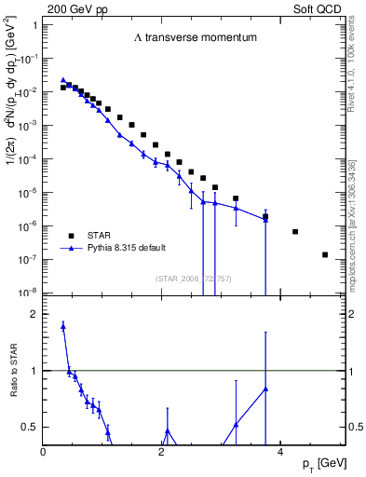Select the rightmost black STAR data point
[x=325, y=254]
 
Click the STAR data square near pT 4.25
[x=295, y=231]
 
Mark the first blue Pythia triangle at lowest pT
[x=62, y=80]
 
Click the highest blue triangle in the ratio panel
[x=62, y=326]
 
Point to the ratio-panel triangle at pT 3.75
[x=265, y=388]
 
